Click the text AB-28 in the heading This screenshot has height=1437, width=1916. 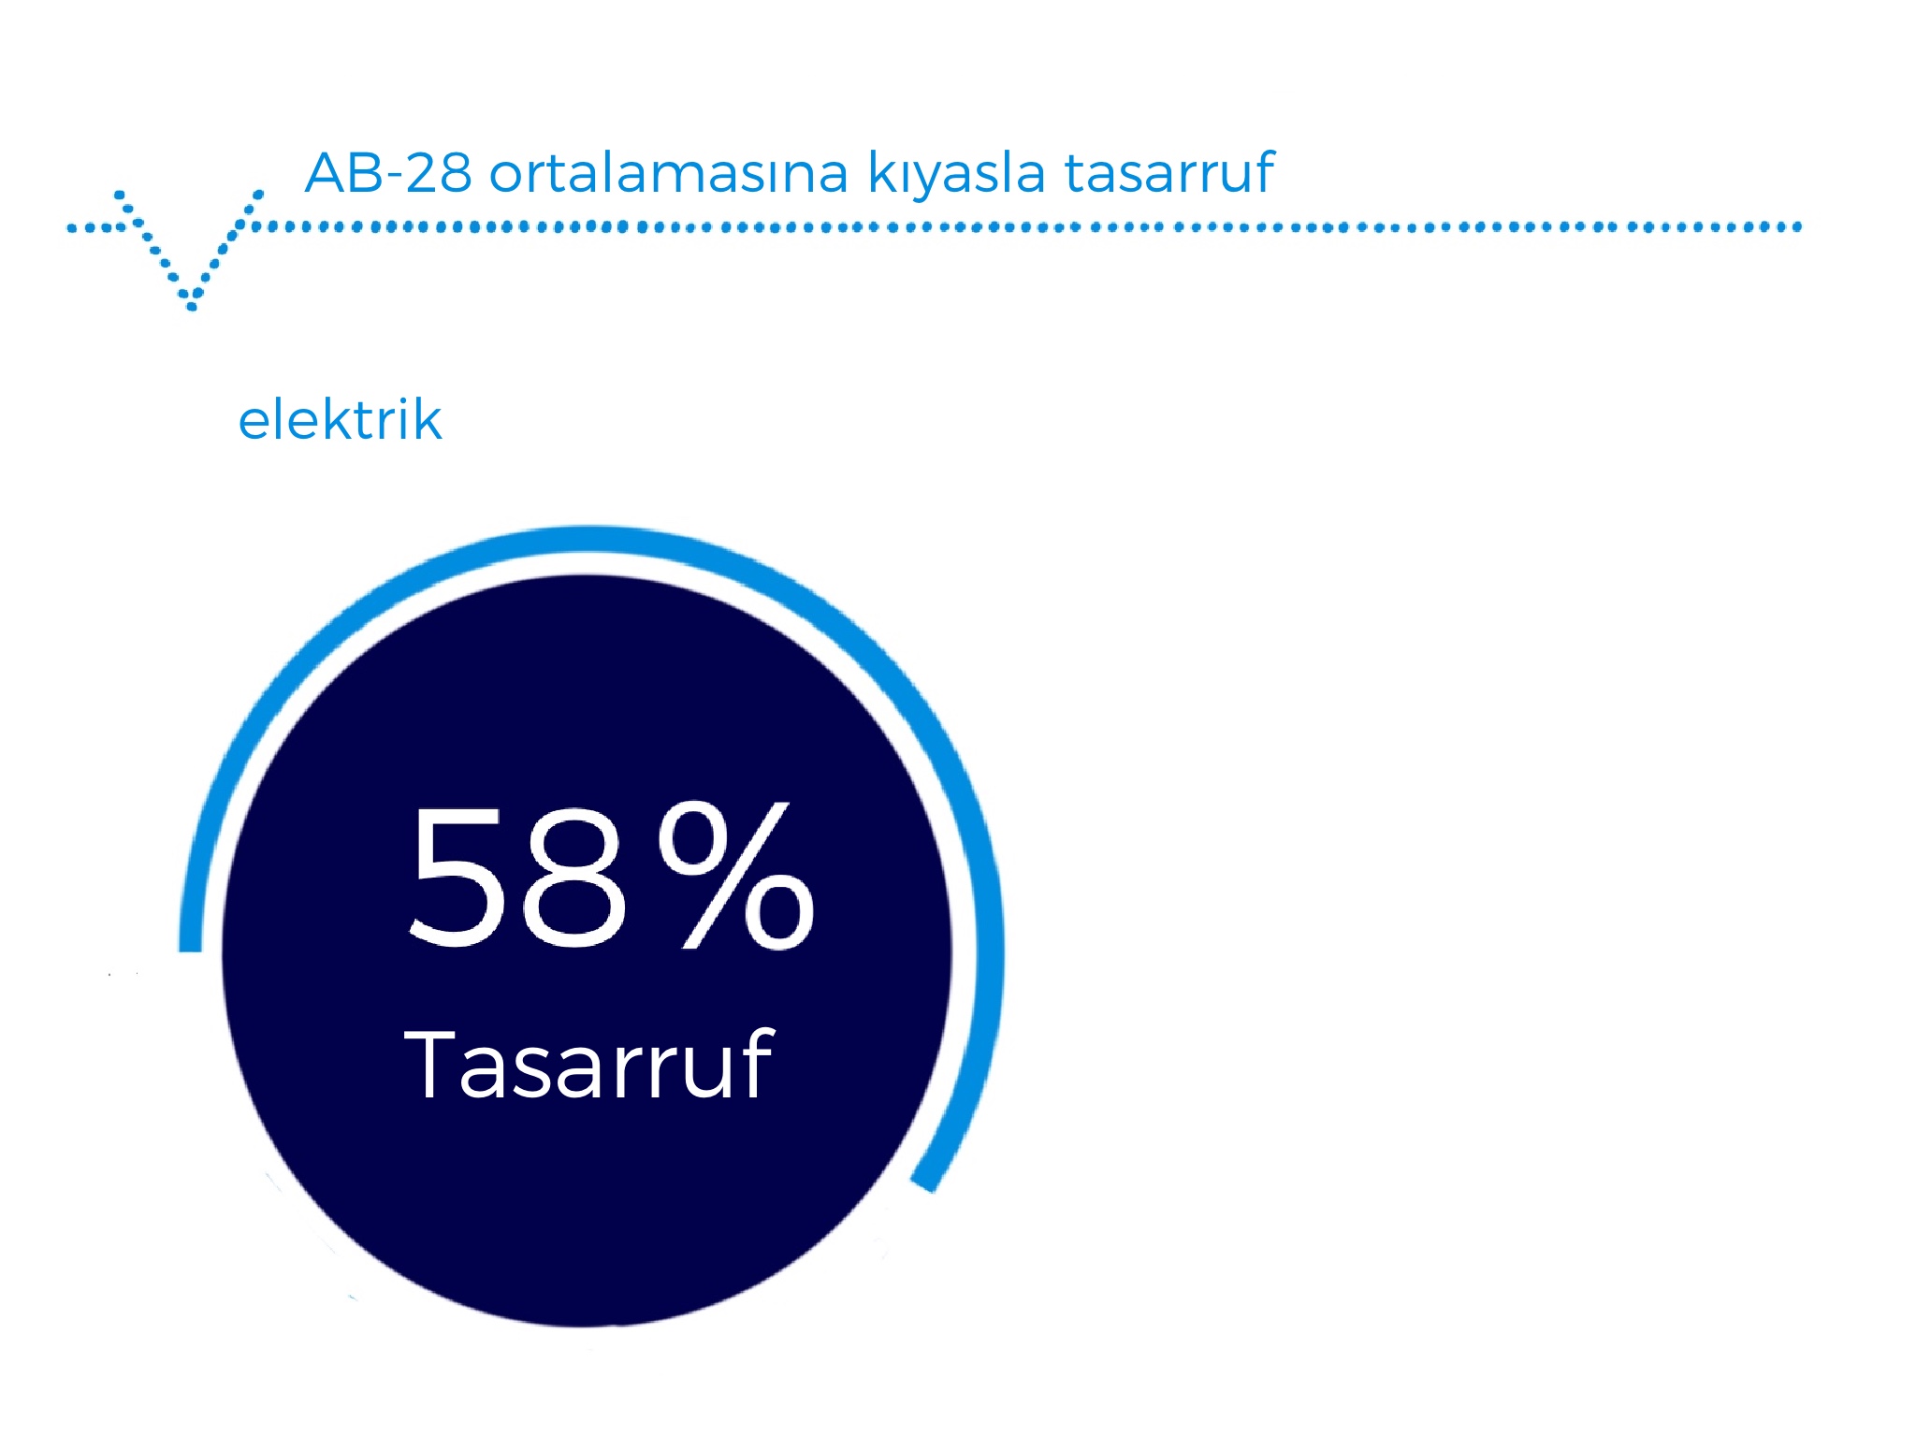[x=388, y=172]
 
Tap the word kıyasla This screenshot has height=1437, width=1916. [x=956, y=174]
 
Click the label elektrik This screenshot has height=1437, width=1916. [x=340, y=419]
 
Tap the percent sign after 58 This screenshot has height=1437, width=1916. [x=736, y=875]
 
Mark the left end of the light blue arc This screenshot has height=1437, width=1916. [x=190, y=951]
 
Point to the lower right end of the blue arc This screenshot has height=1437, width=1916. [x=924, y=1184]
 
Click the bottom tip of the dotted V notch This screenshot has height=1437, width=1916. [x=192, y=306]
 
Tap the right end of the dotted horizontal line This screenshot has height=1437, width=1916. [x=1797, y=226]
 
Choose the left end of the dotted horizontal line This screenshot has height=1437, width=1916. [x=72, y=227]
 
